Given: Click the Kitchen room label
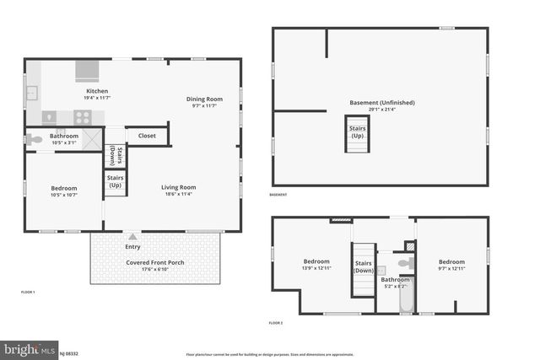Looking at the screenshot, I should [x=97, y=91].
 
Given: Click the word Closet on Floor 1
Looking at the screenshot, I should [x=147, y=135].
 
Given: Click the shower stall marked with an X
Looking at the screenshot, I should [x=91, y=138].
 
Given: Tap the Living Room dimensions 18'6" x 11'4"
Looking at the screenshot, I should [x=178, y=195].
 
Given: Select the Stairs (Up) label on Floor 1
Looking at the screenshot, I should [x=115, y=182].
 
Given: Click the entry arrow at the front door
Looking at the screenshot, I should [x=133, y=237].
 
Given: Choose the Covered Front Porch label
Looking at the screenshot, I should [x=155, y=262].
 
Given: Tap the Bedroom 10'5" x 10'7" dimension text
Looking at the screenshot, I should [x=63, y=195].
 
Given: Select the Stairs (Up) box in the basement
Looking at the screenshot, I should [x=358, y=133].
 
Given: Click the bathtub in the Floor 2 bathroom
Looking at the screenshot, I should [x=406, y=298].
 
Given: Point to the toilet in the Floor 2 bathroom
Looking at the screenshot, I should [x=405, y=264].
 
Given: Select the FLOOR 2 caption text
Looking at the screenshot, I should [x=276, y=323].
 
